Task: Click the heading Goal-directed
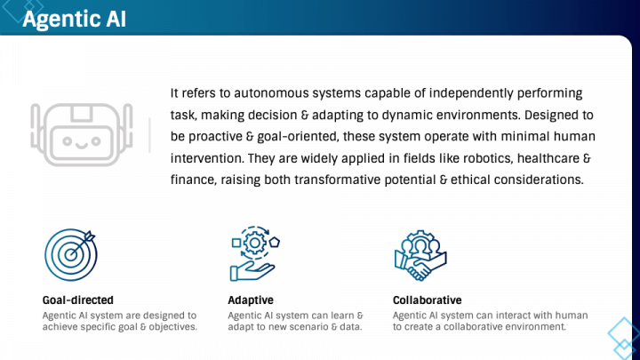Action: pos(78,300)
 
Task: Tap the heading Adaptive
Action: pos(251,300)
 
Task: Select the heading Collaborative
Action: pos(427,300)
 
